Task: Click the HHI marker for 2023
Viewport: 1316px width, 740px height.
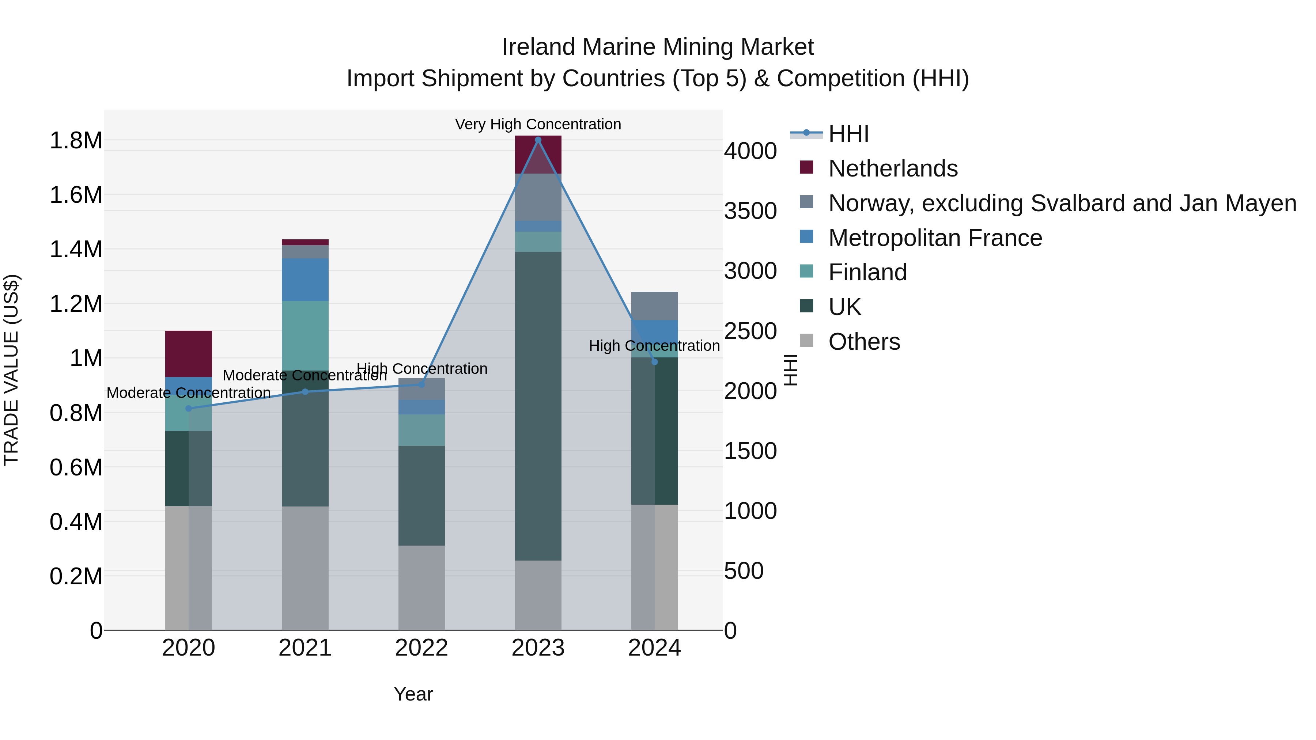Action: (x=538, y=140)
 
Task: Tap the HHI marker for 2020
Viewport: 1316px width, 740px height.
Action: (x=189, y=409)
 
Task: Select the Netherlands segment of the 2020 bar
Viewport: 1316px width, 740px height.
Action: (x=189, y=354)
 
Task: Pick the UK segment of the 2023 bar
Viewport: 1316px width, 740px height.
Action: (x=538, y=406)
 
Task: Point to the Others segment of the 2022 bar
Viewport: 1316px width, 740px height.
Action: (x=421, y=587)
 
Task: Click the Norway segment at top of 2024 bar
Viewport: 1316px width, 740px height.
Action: (x=654, y=306)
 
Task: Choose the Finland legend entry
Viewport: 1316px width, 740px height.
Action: (x=867, y=272)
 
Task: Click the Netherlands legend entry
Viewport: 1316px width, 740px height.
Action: (x=892, y=168)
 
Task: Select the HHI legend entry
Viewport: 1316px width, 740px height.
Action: (x=848, y=134)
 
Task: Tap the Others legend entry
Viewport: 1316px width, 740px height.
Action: (x=864, y=342)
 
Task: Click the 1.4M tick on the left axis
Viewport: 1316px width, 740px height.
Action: (x=76, y=250)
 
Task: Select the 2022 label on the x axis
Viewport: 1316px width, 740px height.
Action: (x=421, y=648)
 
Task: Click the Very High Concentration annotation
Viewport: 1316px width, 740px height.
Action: (x=538, y=124)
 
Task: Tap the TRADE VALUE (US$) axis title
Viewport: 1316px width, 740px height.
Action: (x=11, y=370)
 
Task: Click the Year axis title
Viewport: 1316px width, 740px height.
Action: (x=413, y=694)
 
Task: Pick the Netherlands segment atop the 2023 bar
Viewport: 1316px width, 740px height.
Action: (x=538, y=154)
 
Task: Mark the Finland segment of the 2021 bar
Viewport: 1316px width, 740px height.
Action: (x=305, y=335)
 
